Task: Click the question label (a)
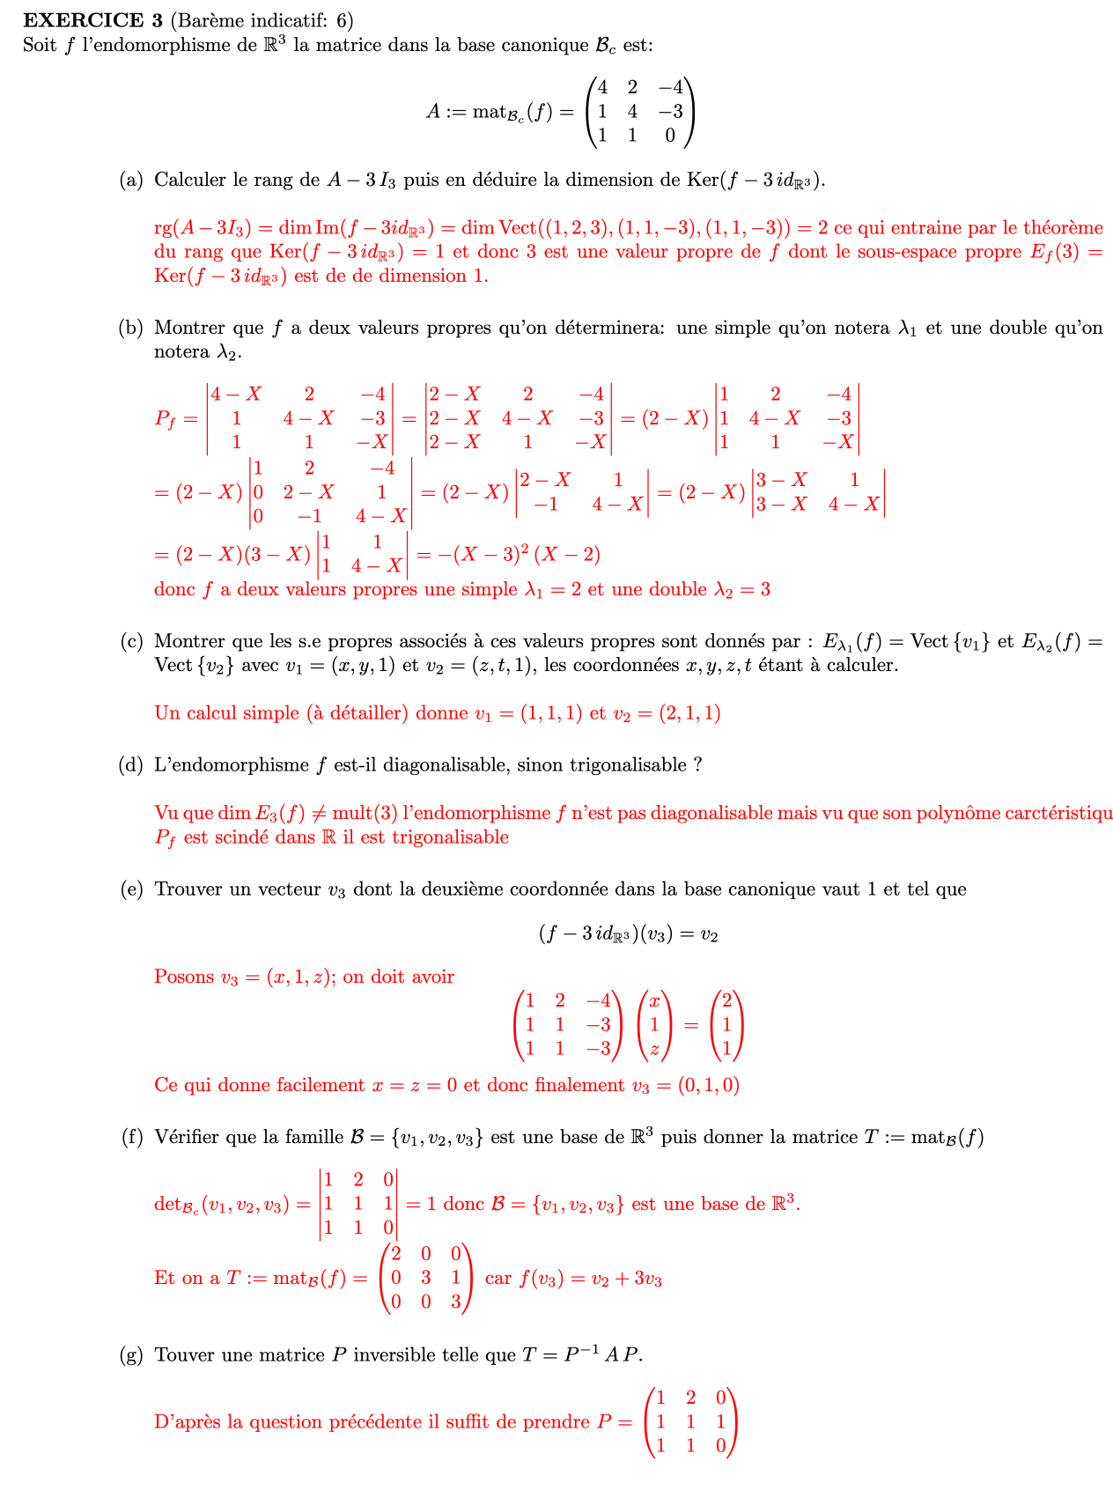coord(130,181)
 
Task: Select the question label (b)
coord(130,328)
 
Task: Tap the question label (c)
coord(130,642)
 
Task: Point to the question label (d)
coord(130,765)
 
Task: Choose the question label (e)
coord(130,889)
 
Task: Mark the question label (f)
coord(130,1138)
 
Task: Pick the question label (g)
coord(130,1355)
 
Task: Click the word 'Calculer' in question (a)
coord(188,181)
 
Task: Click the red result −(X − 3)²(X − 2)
coord(509,555)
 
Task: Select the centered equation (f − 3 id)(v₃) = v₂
coord(628,934)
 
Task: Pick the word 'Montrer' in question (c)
coord(186,642)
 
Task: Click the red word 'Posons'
coord(184,977)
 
